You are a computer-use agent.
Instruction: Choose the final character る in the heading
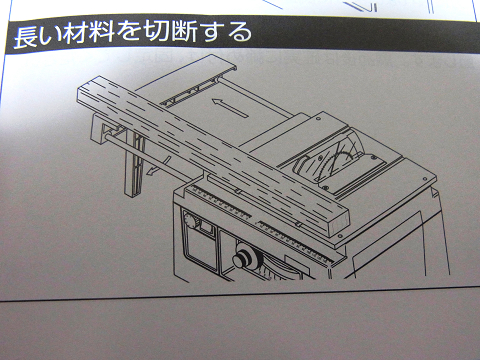click(241, 32)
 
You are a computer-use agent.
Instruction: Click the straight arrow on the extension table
click(230, 107)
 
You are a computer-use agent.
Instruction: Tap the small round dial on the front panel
click(190, 221)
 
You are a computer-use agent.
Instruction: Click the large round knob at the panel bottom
click(246, 258)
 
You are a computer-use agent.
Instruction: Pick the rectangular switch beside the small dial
click(206, 229)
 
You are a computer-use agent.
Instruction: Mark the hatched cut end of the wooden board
click(339, 222)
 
